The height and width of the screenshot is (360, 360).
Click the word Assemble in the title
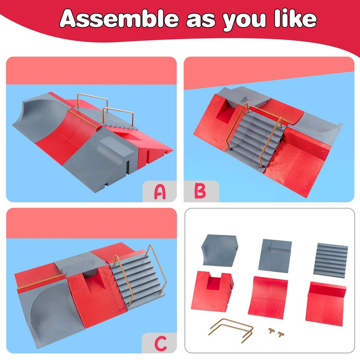(119, 18)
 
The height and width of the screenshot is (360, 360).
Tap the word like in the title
(296, 18)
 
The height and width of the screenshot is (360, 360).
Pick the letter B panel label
(200, 191)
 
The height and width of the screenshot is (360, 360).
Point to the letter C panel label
(161, 343)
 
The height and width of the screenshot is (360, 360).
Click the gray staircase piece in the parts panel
(331, 261)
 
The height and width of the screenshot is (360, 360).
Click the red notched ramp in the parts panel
(212, 291)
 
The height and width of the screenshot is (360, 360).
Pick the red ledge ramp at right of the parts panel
(326, 303)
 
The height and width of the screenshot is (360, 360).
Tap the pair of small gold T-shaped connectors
(276, 332)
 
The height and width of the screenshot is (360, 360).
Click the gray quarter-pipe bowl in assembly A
(41, 115)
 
